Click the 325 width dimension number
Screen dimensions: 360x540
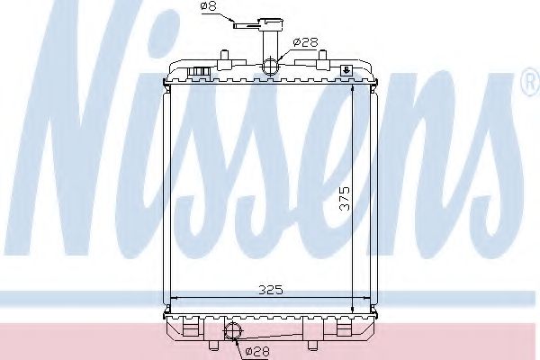pos(272,289)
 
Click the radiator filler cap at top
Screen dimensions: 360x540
pos(267,24)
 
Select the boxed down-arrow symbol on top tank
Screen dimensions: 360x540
pos(346,69)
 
